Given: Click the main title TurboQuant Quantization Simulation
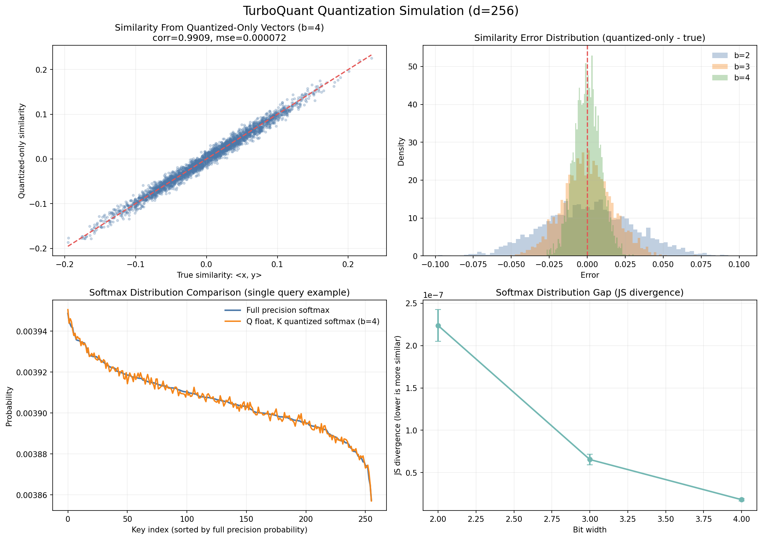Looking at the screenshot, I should pyautogui.click(x=381, y=11).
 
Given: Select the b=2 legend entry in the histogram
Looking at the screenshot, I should pyautogui.click(x=732, y=56).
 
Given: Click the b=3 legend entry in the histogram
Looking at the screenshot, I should pyautogui.click(x=732, y=67).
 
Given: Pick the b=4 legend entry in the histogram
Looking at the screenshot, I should pyautogui.click(x=732, y=78).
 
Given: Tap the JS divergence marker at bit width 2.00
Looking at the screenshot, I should pyautogui.click(x=438, y=326).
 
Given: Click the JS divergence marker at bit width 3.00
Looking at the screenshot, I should pyautogui.click(x=590, y=459).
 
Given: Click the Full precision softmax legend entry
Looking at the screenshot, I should pyautogui.click(x=287, y=310).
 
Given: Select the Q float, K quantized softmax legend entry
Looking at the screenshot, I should pyautogui.click(x=313, y=322).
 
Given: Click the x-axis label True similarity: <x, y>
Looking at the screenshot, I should pyautogui.click(x=219, y=275).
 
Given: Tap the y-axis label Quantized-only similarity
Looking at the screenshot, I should pyautogui.click(x=22, y=151).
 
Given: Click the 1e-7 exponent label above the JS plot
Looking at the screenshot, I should pyautogui.click(x=434, y=296).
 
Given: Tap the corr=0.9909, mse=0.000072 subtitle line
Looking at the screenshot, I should pyautogui.click(x=219, y=38).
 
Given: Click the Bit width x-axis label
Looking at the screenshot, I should pyautogui.click(x=589, y=530).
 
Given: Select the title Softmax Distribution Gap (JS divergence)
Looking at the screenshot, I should pyautogui.click(x=589, y=293).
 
